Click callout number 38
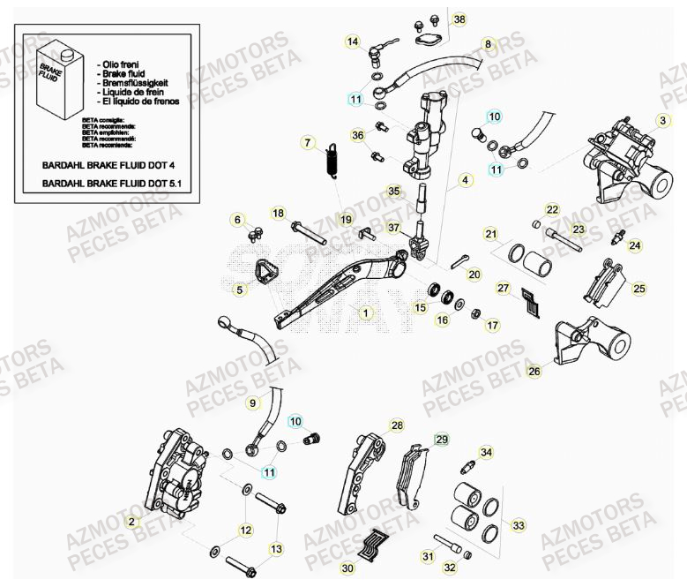click(459, 19)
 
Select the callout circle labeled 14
click(353, 41)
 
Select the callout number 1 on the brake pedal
click(365, 312)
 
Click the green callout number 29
click(442, 439)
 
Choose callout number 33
click(519, 525)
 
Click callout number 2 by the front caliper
click(131, 523)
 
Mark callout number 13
click(276, 549)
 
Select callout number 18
click(278, 214)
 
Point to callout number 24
click(635, 245)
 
